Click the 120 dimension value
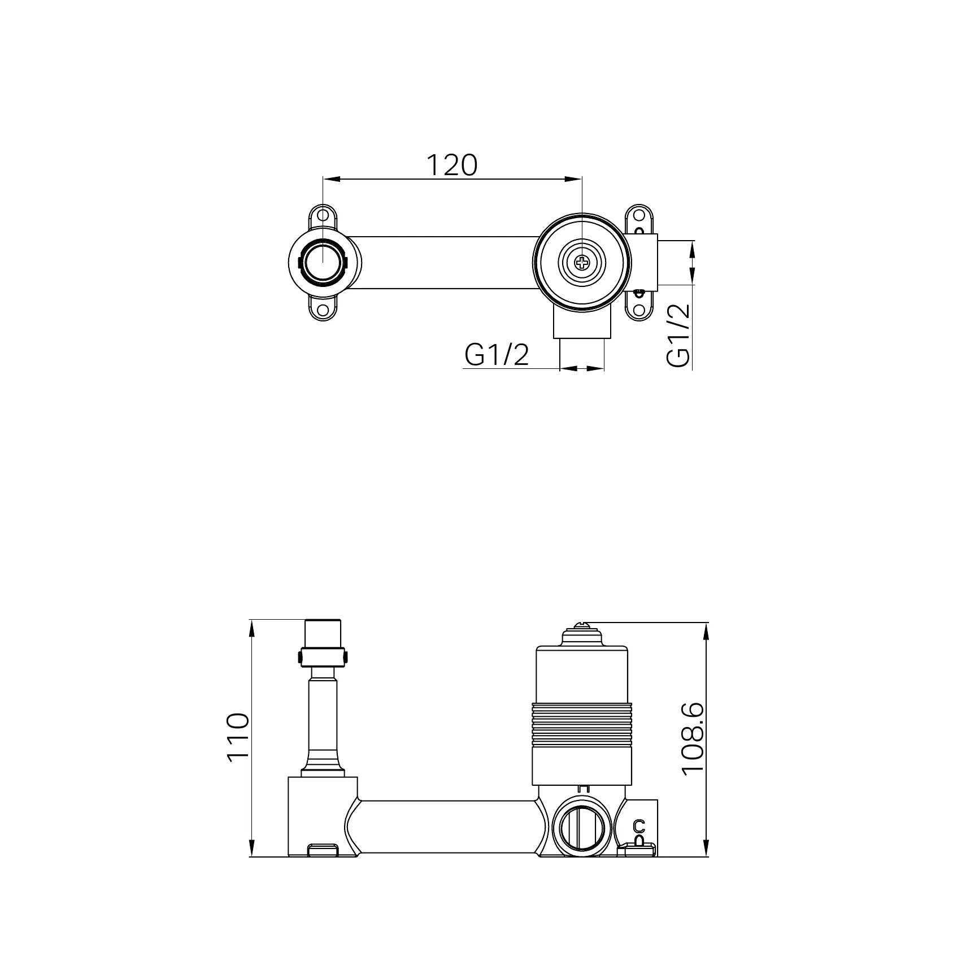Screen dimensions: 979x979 pyautogui.click(x=451, y=165)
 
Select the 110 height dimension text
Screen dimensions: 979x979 pyautogui.click(x=238, y=738)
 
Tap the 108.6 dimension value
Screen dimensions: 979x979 pyautogui.click(x=693, y=739)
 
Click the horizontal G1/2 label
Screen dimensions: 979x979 pyautogui.click(x=497, y=355)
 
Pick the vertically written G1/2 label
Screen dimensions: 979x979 pyautogui.click(x=678, y=335)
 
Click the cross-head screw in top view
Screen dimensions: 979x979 pyautogui.click(x=581, y=262)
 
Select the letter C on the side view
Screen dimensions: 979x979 pyautogui.click(x=639, y=826)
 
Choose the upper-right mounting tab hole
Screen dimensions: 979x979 pyautogui.click(x=639, y=215)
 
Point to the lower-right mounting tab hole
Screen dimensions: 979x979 pyautogui.click(x=639, y=310)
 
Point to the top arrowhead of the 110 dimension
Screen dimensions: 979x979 pyautogui.click(x=251, y=627)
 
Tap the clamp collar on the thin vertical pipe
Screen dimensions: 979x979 pyautogui.click(x=322, y=656)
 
